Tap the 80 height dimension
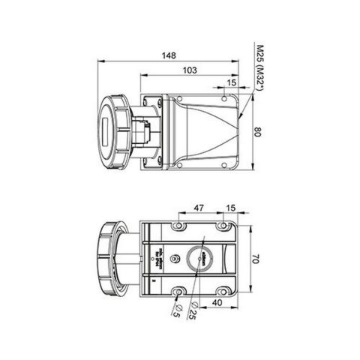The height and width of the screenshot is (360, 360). pos(257,132)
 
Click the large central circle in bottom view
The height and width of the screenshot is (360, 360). pos(202,259)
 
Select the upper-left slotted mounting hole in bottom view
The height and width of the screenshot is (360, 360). pos(178,226)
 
